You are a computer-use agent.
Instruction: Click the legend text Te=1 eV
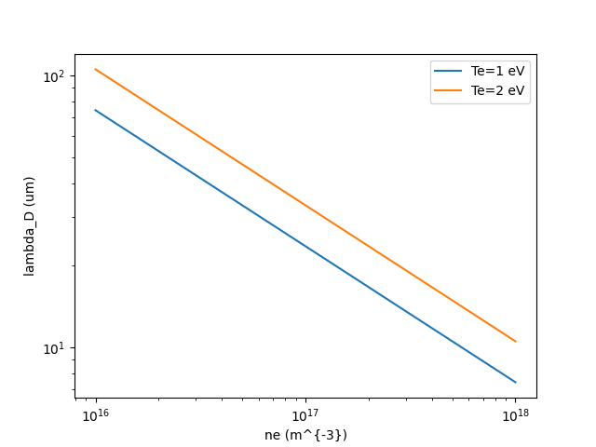coord(504,71)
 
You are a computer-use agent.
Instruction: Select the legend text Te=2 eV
coord(504,90)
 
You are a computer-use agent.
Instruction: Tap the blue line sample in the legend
coord(449,71)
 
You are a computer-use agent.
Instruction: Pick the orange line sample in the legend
coord(449,90)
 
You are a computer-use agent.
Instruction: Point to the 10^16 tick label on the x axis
coord(95,415)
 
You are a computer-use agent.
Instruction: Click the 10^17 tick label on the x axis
coord(305,415)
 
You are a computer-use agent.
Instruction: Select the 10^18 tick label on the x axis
coord(515,415)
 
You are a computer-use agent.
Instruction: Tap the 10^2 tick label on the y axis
coord(55,76)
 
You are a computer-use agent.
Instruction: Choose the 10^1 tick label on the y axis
coord(55,348)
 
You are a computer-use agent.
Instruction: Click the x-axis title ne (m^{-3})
coord(305,434)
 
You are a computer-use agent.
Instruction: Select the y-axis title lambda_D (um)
coord(29,226)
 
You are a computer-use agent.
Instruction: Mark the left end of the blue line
coord(95,110)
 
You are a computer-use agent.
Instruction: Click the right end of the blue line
coord(515,382)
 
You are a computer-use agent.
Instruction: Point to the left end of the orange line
coord(95,69)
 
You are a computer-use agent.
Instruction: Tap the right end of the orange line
coord(515,341)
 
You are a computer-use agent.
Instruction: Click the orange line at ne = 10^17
coord(305,205)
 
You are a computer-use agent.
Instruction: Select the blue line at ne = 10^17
coord(305,246)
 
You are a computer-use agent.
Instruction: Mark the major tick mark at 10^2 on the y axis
coord(73,76)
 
